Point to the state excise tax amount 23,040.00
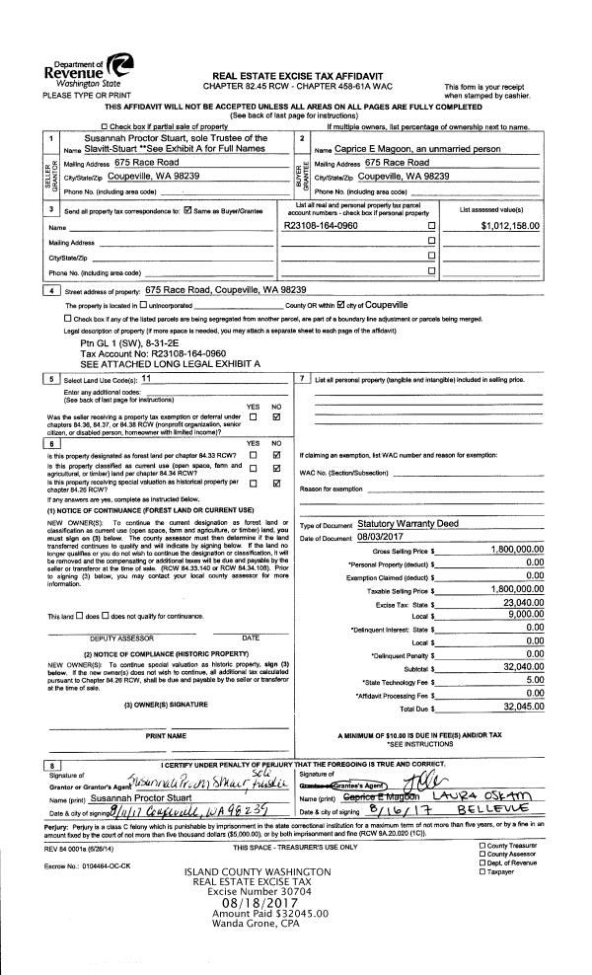click(517, 602)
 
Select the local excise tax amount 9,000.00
click(520, 614)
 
